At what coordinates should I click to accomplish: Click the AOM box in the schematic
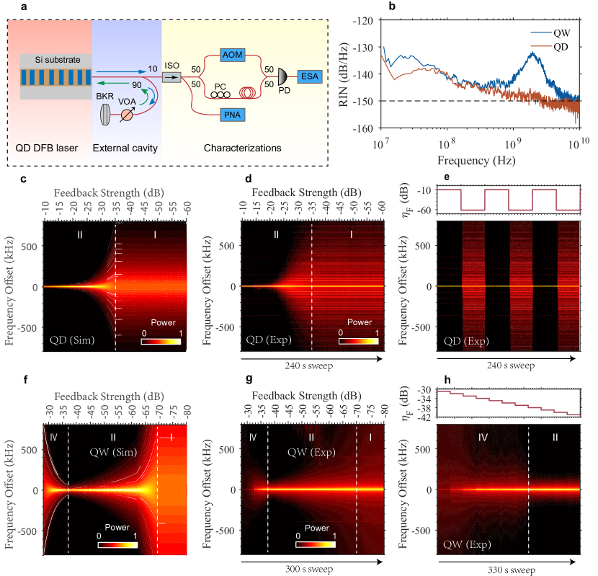click(232, 55)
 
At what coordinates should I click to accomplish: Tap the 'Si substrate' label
click(55, 60)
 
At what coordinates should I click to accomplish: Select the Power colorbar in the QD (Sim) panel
click(159, 340)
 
